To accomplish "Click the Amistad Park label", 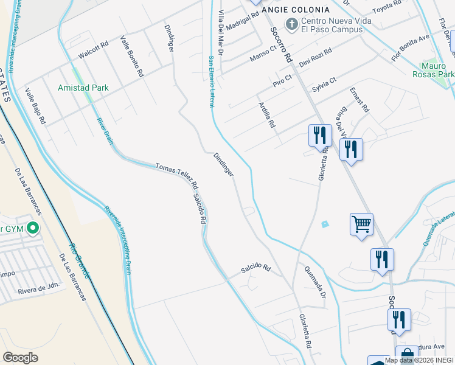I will tap(83, 88).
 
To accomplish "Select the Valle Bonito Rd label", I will tap(132, 56).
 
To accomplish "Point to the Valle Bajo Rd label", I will tap(35, 106).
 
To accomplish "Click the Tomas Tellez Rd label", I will tap(177, 176).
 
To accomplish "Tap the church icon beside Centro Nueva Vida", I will tap(292, 24).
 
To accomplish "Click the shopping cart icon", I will tap(361, 224).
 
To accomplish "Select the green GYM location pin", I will tap(33, 229).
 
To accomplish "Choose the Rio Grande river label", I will tap(79, 262).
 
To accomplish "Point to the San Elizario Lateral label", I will tap(212, 82).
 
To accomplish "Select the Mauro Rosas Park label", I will tap(438, 70).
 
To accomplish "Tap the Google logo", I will tap(20, 358).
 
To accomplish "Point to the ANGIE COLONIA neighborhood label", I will tap(296, 10).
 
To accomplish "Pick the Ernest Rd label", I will tap(359, 100).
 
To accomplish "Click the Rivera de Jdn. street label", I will tap(38, 284).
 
